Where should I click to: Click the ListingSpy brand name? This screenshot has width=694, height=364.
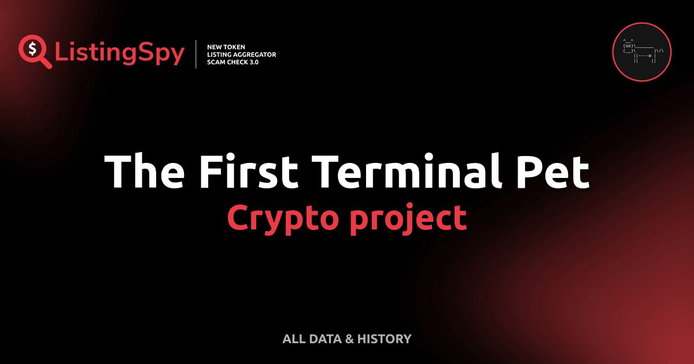pyautogui.click(x=120, y=54)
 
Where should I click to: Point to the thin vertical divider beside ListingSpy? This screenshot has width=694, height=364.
pyautogui.click(x=197, y=54)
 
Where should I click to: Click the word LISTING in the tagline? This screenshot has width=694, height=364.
pyautogui.click(x=220, y=54)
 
